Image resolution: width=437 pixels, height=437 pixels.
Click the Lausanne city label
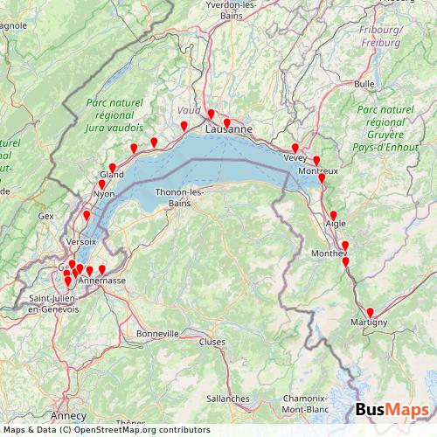click(x=229, y=129)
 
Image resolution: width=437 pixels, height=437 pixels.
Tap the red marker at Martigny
click(x=370, y=313)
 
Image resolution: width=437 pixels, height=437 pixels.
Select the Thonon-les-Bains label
click(x=178, y=198)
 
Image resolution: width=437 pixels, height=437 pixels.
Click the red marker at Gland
click(x=112, y=168)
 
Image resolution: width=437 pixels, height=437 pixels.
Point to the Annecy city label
click(x=69, y=415)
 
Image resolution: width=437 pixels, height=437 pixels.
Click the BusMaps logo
click(x=392, y=410)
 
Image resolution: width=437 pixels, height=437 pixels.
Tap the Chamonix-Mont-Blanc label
click(x=305, y=404)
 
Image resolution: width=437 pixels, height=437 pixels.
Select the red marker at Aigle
click(x=333, y=215)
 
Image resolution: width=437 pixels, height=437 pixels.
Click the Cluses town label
click(x=212, y=342)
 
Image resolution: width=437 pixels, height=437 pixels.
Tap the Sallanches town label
click(x=228, y=398)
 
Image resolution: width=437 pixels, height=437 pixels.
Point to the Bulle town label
click(x=364, y=84)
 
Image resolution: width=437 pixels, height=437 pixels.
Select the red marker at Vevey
click(x=295, y=148)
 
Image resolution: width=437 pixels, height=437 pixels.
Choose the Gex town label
click(x=45, y=215)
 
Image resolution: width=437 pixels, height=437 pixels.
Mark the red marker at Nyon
click(x=102, y=184)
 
